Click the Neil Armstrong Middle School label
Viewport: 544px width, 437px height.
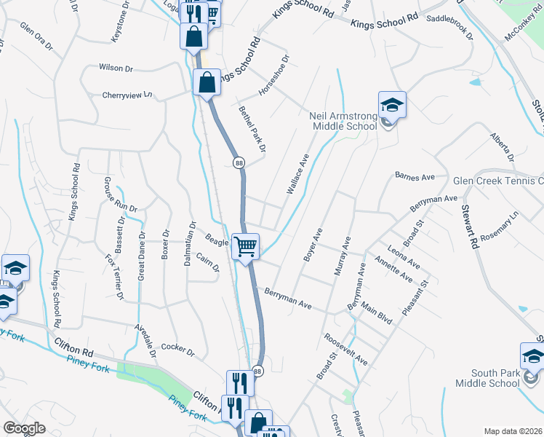tap(343, 121)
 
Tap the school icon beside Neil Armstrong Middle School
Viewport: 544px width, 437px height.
tap(392, 105)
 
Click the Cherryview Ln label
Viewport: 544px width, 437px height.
tap(129, 95)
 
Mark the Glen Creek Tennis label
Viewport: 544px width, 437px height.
tap(498, 181)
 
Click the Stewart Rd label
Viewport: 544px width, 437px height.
tap(469, 225)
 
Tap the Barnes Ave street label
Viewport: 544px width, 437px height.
tap(414, 176)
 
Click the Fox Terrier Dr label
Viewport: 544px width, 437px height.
tap(114, 276)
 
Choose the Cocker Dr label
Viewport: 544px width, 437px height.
tap(178, 350)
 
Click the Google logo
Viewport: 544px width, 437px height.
tap(24, 428)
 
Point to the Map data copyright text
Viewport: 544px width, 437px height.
tap(513, 431)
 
